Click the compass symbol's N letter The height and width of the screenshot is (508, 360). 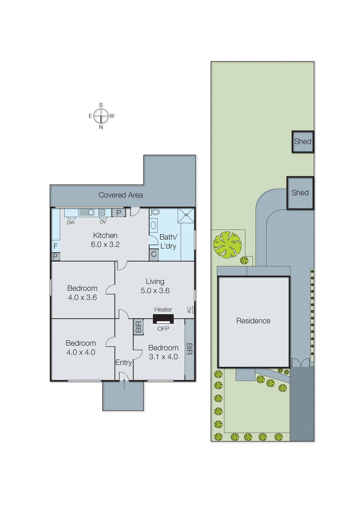[101, 127]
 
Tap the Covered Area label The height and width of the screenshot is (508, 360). [120, 195]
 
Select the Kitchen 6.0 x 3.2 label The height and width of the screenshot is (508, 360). [105, 240]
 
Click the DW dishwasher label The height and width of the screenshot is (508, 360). [71, 223]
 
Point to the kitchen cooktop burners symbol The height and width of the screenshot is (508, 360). [102, 212]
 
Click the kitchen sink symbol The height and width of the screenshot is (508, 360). [86, 212]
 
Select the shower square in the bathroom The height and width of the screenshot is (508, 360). [186, 215]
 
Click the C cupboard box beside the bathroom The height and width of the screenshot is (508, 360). [154, 254]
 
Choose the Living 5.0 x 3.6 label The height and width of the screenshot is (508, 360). [155, 286]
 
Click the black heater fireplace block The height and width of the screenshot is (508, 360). [163, 318]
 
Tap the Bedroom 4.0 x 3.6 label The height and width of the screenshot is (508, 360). [82, 293]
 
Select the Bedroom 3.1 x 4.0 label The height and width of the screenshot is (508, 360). [163, 352]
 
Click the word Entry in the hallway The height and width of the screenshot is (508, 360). [123, 362]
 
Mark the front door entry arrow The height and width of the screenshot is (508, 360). [124, 385]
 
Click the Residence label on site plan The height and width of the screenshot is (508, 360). [253, 321]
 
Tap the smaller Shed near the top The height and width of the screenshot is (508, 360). [302, 142]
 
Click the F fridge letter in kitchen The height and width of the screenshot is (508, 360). [56, 246]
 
